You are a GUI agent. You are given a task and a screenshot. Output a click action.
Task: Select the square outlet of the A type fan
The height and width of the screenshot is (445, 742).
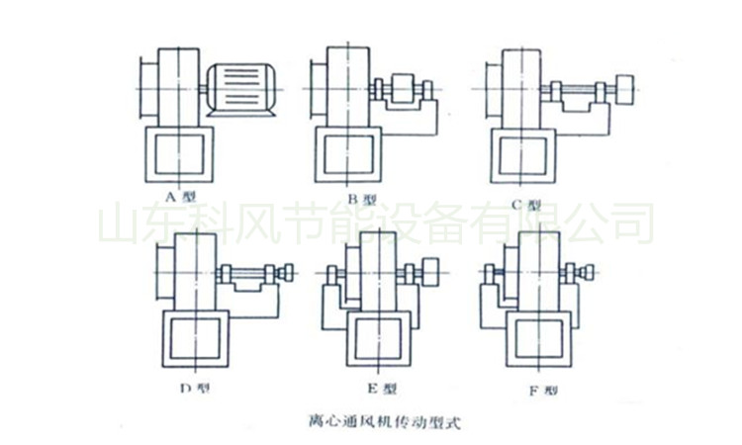[180, 155]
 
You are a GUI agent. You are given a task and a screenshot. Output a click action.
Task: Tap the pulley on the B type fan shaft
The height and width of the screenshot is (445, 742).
[405, 90]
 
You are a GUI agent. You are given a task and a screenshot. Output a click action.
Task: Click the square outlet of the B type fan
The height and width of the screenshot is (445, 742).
[348, 155]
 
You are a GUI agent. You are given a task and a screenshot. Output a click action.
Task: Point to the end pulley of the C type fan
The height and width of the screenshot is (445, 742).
[623, 87]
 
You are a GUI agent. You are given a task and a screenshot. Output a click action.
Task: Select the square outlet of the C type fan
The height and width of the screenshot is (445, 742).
[524, 155]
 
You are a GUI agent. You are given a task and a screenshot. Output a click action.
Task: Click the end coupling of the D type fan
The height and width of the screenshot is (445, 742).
[289, 272]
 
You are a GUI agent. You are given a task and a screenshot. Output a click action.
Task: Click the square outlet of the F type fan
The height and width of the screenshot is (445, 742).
[540, 340]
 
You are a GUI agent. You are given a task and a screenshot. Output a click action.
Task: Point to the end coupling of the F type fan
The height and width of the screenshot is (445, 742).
[589, 271]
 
